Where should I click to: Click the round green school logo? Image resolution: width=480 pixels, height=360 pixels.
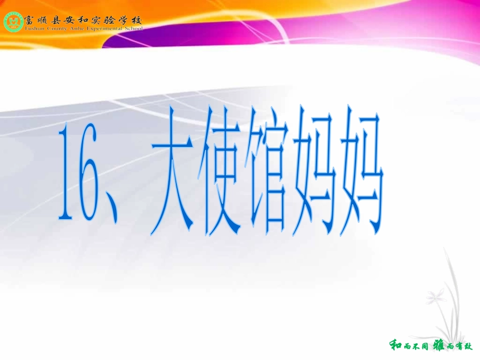13,22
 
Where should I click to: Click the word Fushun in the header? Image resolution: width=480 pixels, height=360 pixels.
33,29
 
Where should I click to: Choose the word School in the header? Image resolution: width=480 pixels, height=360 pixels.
133,29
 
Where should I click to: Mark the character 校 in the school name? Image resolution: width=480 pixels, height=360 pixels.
137,20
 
